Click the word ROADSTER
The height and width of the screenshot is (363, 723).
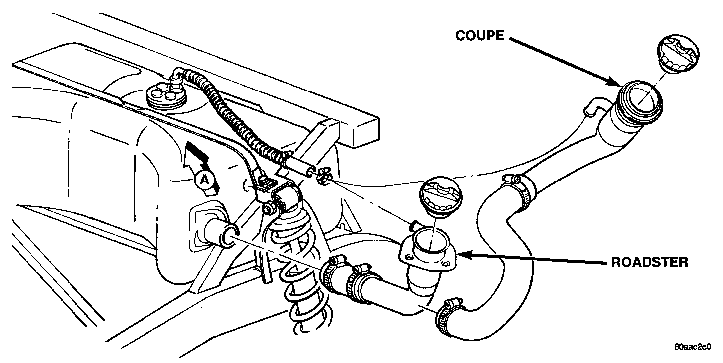click(x=649, y=263)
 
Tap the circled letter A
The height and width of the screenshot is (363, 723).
click(x=202, y=180)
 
